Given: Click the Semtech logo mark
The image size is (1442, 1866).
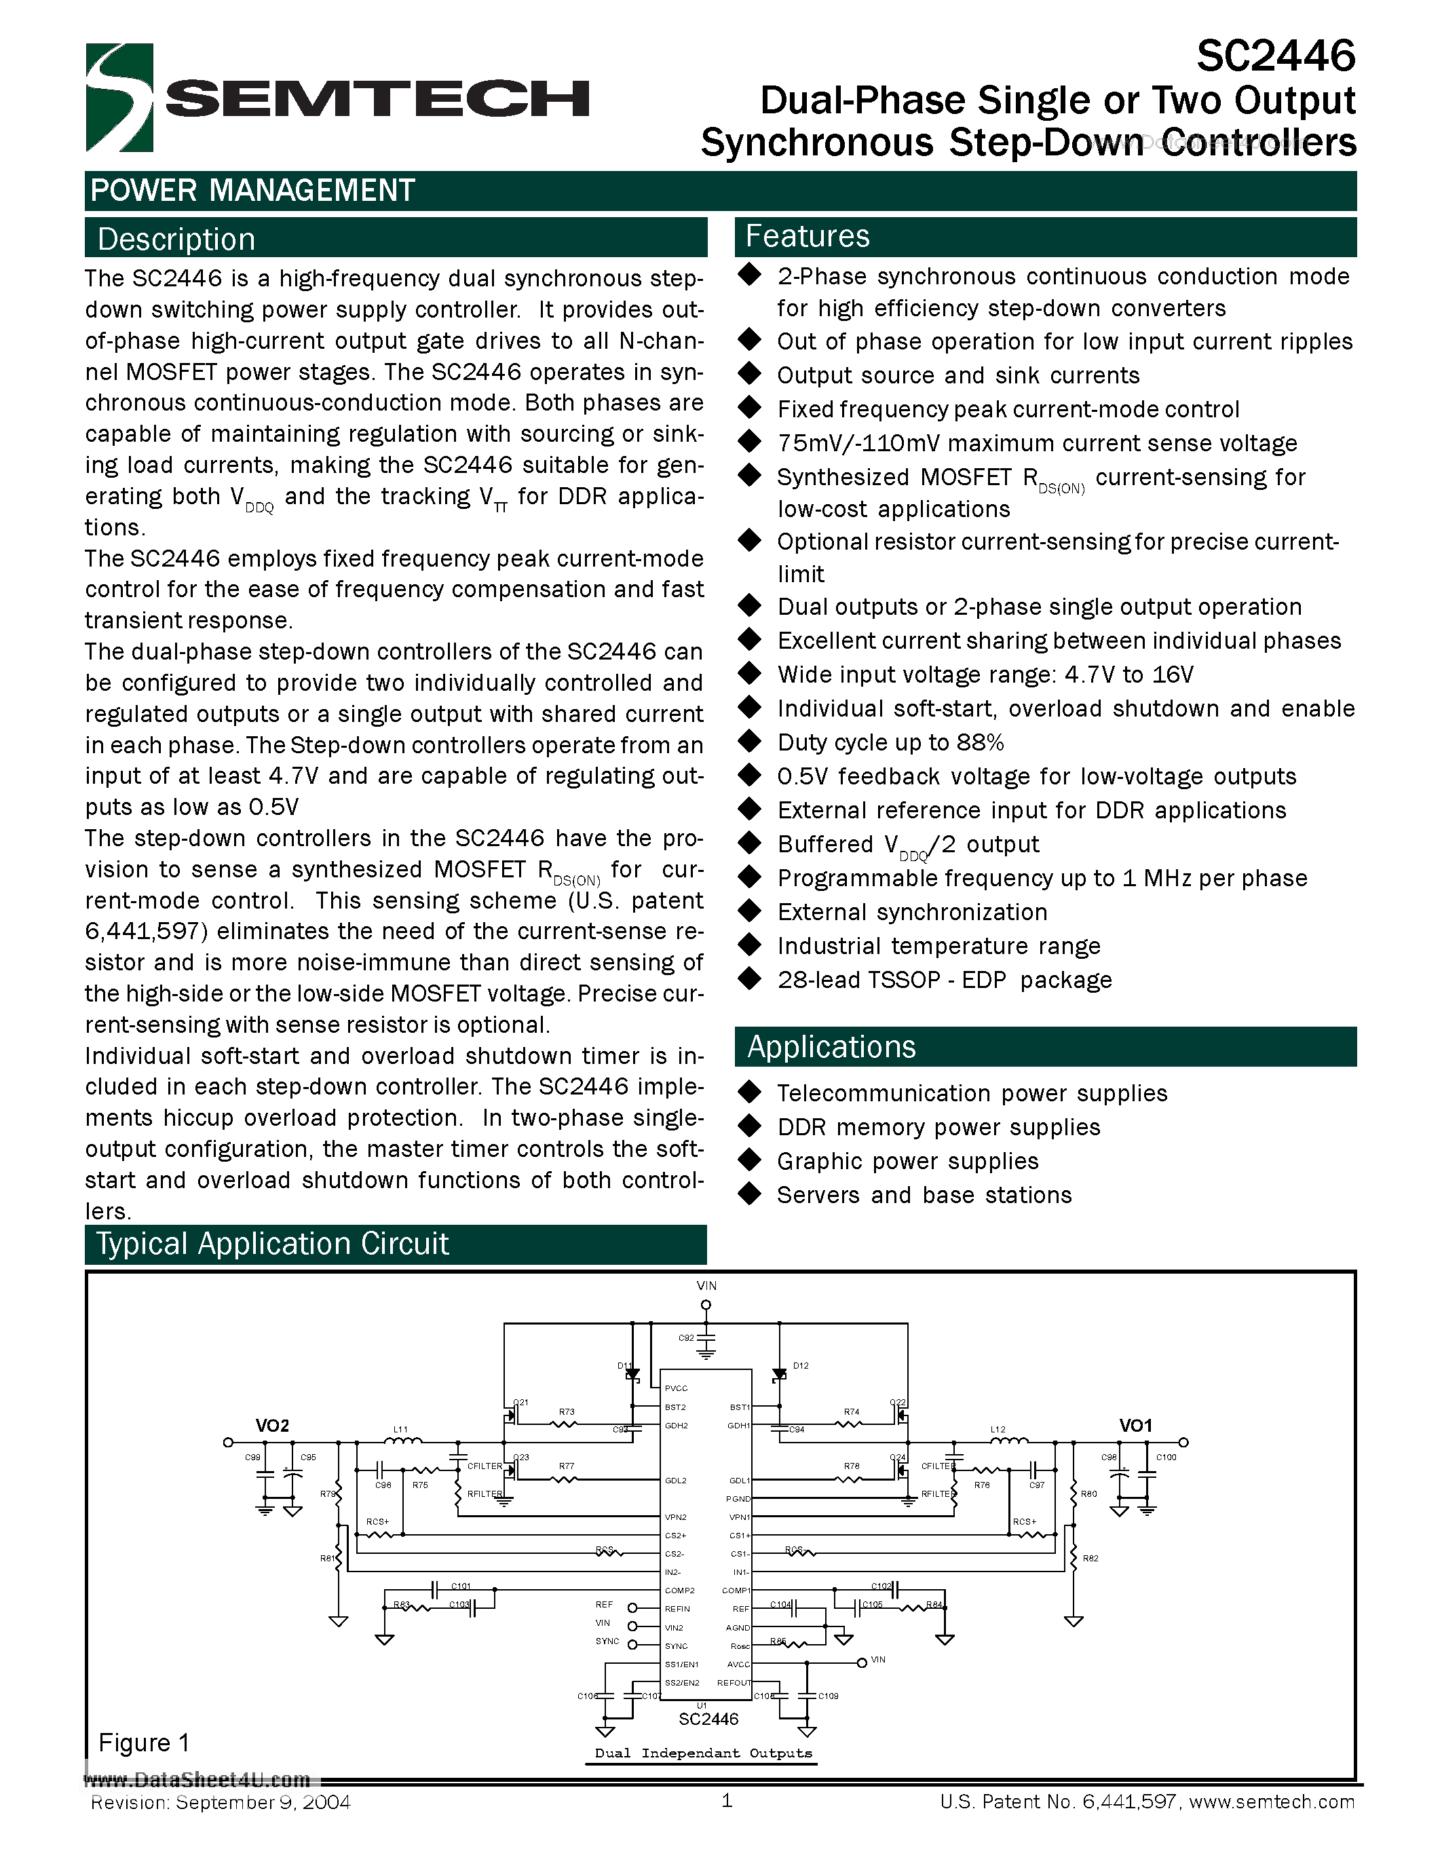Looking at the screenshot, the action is (x=119, y=98).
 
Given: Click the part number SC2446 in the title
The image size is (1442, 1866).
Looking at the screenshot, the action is (x=1276, y=56).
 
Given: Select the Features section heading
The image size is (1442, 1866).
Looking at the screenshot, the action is (x=808, y=237).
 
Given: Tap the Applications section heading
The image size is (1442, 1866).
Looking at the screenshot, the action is (x=831, y=1046).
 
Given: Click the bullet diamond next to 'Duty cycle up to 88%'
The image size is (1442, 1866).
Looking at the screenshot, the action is (x=750, y=741).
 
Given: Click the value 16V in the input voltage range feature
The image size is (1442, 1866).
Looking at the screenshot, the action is (x=1173, y=675).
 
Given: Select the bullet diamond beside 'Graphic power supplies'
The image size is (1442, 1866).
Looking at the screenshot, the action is (x=750, y=1160).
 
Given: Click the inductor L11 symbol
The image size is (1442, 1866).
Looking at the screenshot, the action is (x=402, y=1441).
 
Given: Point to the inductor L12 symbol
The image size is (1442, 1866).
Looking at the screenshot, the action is (x=1009, y=1441).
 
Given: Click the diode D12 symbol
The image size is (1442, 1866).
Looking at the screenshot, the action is (x=779, y=1375).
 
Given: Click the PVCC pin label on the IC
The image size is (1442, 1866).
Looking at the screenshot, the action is (x=676, y=1388).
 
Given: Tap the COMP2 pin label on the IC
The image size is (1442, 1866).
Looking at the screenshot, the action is (x=679, y=1590).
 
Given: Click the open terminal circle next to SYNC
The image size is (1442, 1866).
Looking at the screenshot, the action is (x=632, y=1645).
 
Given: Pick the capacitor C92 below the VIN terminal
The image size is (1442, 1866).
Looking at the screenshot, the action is (x=706, y=1339).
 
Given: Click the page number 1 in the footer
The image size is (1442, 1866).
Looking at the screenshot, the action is (x=727, y=1801).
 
